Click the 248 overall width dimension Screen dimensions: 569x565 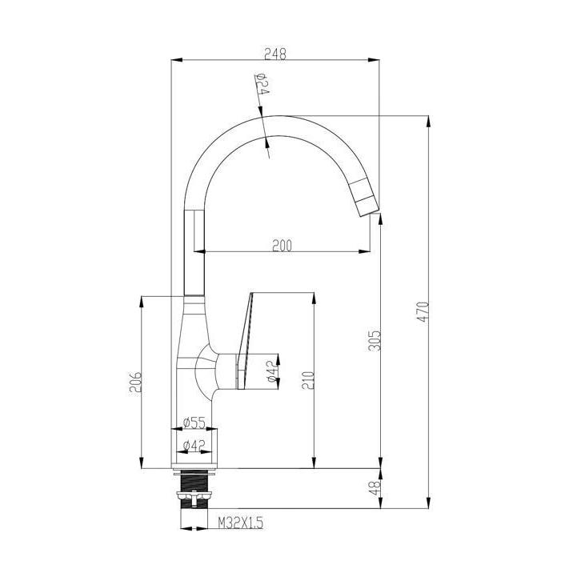[x=275, y=54]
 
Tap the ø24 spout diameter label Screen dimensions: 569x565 [x=262, y=84]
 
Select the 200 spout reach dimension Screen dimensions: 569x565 [x=282, y=246]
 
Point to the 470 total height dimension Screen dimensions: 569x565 [x=423, y=312]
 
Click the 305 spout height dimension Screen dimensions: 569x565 [x=375, y=340]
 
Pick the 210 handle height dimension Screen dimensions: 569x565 [x=308, y=379]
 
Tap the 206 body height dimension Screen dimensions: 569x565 [x=136, y=382]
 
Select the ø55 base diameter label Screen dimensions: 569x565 [x=194, y=423]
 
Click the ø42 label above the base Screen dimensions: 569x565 [x=194, y=445]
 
